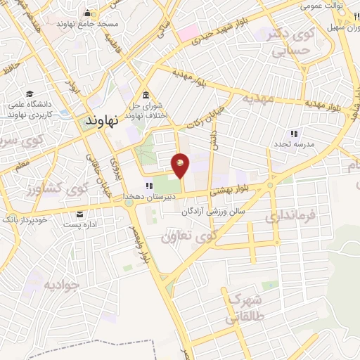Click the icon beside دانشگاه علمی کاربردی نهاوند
(x=30, y=94)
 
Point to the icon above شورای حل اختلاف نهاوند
(x=146, y=96)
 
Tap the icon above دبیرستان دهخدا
(x=148, y=186)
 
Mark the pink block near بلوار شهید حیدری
(x=188, y=32)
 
